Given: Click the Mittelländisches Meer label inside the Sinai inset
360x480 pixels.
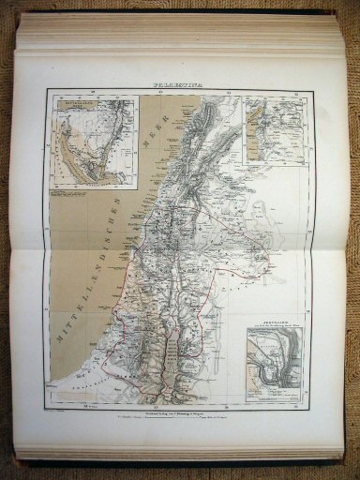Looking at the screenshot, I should (78, 108).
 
